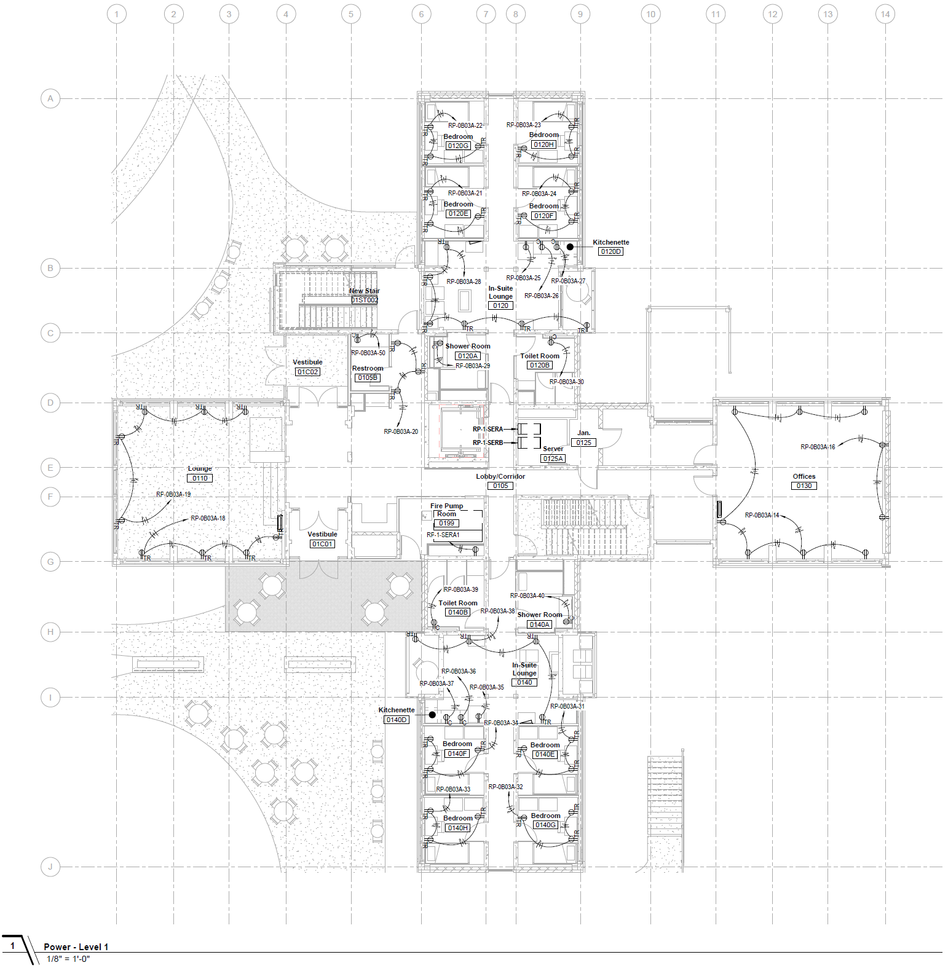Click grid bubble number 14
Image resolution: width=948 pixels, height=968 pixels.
[885, 14]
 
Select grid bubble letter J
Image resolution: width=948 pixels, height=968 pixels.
[50, 867]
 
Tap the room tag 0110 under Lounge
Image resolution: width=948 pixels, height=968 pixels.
[200, 478]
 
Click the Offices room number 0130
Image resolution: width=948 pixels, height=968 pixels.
[804, 486]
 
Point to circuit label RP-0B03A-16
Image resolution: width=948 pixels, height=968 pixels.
[818, 447]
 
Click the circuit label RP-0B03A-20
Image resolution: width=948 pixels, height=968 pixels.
[401, 431]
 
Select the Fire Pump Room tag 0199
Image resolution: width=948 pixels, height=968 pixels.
[446, 523]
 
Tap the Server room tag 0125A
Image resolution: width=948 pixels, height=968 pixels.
[553, 458]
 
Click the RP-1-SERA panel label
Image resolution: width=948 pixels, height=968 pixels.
[488, 429]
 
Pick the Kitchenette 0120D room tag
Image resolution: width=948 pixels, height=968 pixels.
[610, 251]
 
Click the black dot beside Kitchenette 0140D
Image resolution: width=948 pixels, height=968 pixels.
[432, 715]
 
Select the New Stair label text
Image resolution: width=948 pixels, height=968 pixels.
[365, 291]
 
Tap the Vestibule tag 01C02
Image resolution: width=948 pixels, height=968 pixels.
[307, 372]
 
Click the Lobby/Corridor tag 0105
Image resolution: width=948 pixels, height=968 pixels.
[500, 486]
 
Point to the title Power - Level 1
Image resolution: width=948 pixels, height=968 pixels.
[76, 946]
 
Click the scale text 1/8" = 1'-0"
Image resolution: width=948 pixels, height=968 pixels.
[68, 959]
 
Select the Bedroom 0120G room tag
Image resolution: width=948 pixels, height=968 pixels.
[458, 146]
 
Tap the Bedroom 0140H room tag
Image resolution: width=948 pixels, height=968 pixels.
[457, 828]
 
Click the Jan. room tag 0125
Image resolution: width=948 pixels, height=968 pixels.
[583, 443]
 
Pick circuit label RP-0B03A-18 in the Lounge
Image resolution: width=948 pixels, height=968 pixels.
[208, 518]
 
